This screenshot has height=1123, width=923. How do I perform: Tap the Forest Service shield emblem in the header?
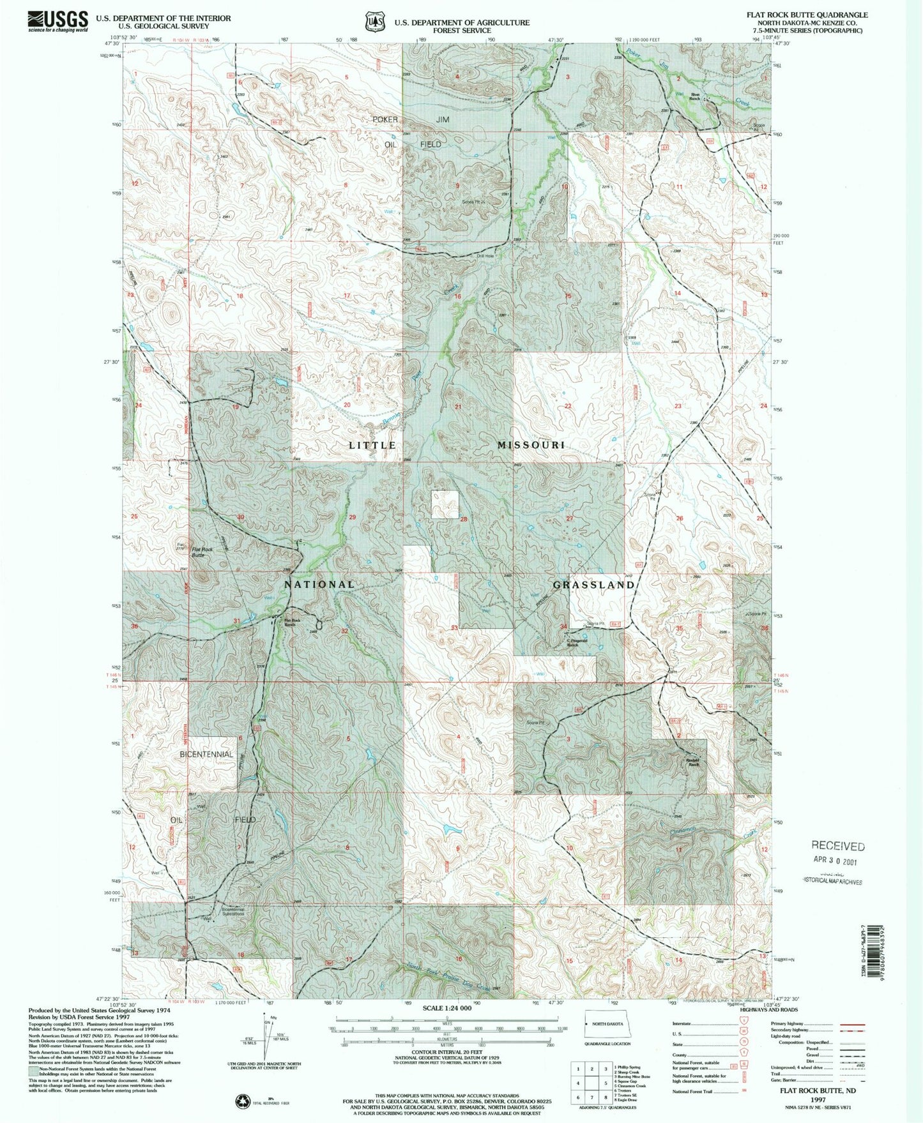click(373, 22)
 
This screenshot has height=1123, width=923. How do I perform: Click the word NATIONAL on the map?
click(319, 584)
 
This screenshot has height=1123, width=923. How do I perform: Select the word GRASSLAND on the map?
click(593, 584)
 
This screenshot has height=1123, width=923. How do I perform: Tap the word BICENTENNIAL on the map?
click(206, 754)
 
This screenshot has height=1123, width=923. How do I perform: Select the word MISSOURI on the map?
click(531, 444)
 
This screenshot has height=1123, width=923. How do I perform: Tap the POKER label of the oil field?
click(385, 119)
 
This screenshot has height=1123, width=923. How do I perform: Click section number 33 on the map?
click(454, 628)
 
